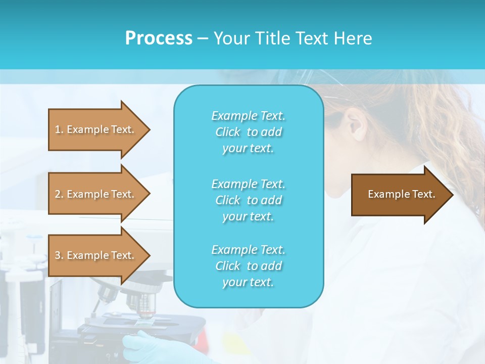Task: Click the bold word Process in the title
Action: point(159,38)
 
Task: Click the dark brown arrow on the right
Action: point(399,195)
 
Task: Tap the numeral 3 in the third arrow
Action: point(58,255)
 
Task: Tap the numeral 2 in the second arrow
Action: point(58,194)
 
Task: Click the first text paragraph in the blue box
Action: point(248,132)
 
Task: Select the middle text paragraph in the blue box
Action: point(248,200)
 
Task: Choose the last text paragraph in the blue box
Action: point(248,266)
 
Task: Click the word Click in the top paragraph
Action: point(228,132)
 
